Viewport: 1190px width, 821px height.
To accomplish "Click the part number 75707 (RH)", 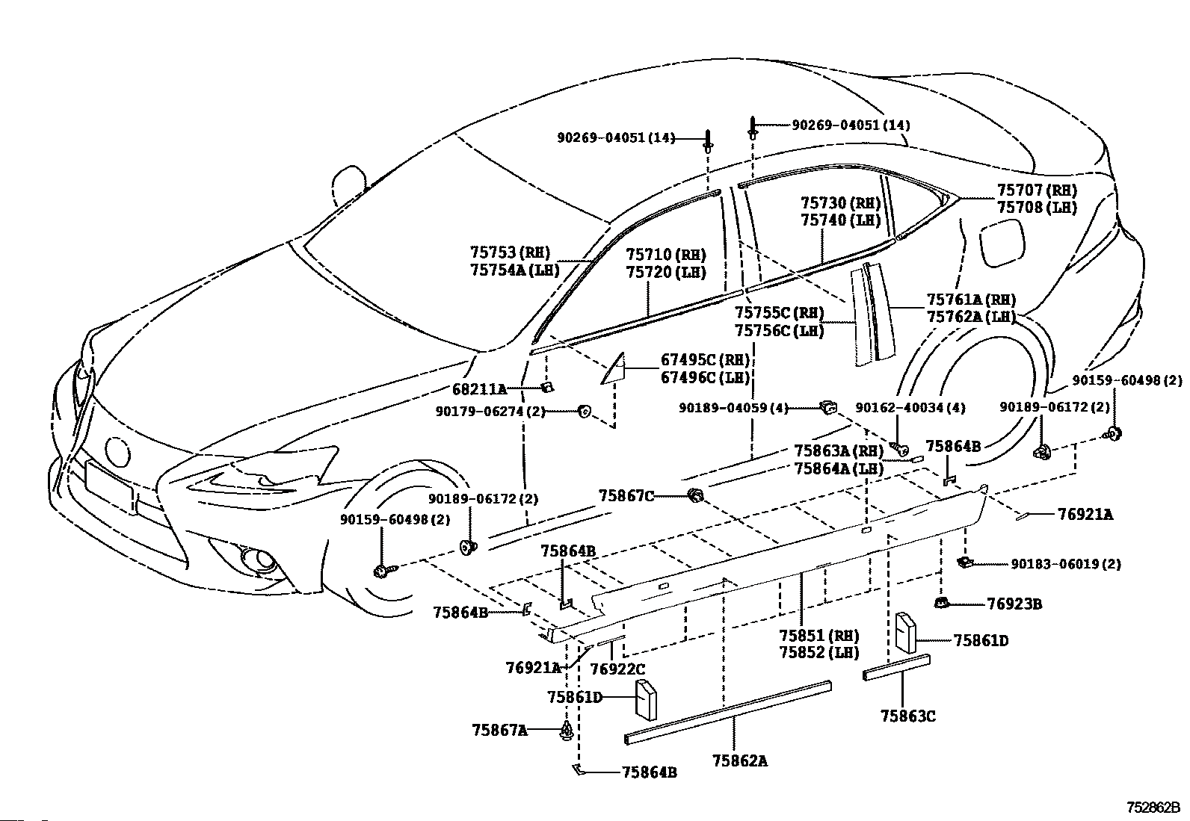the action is [x=1037, y=190].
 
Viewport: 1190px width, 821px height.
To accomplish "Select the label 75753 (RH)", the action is [x=510, y=253].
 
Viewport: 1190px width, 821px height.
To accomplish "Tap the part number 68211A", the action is [x=479, y=389].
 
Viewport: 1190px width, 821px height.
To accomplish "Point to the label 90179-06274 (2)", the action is [x=490, y=412].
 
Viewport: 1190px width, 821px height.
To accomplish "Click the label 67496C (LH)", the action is [x=705, y=377].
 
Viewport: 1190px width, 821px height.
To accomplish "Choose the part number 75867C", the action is [x=626, y=495].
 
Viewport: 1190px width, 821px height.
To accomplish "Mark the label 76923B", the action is [x=1014, y=604].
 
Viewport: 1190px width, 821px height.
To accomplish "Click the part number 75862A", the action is [x=740, y=761].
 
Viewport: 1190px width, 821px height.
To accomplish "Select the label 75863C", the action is [x=908, y=716].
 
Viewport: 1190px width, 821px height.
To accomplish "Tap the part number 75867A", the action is [x=500, y=730].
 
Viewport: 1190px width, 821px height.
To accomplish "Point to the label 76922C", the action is [x=618, y=669].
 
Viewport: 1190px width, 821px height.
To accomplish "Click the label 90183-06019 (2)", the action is [x=1066, y=564].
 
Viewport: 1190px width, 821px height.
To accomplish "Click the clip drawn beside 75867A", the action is [x=567, y=731].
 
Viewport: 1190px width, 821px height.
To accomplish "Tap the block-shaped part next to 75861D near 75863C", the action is [x=906, y=633].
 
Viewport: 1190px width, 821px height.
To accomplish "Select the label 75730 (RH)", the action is [x=841, y=203].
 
